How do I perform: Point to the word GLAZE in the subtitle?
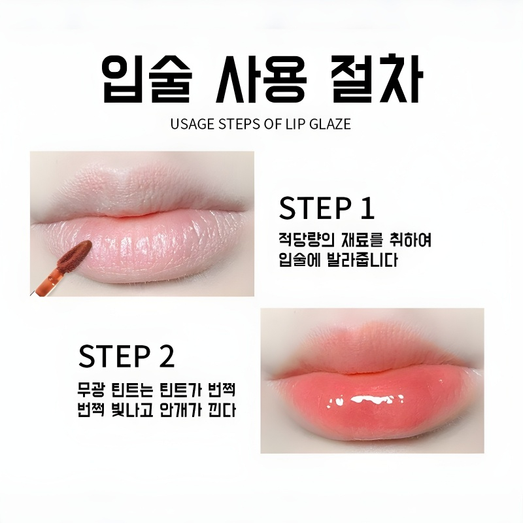click(329, 124)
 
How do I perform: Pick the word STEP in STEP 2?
click(112, 356)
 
